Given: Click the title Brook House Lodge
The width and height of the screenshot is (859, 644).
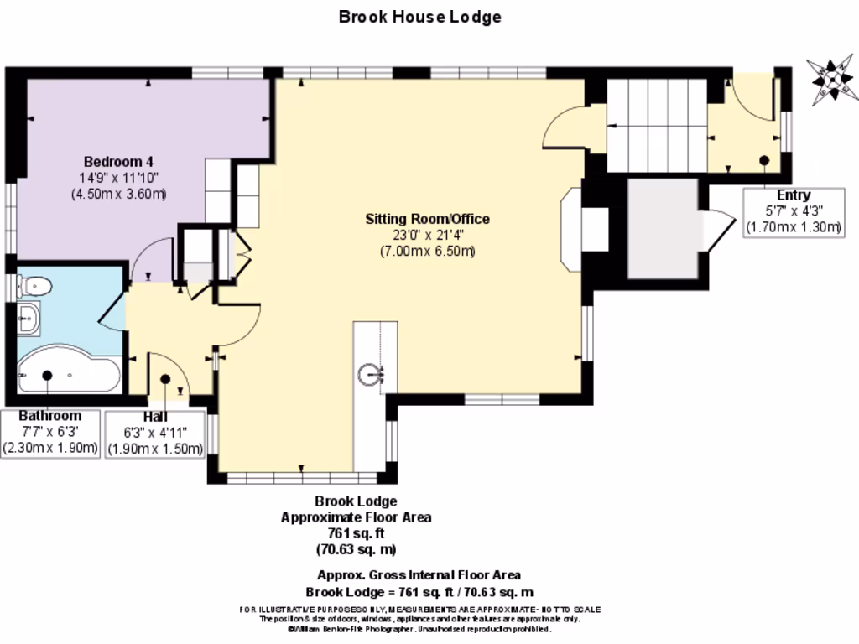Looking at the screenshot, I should [x=419, y=17].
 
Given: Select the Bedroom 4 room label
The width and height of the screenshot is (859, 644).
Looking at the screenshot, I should [x=118, y=161].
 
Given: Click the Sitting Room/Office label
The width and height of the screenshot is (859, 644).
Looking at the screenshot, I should [x=427, y=219].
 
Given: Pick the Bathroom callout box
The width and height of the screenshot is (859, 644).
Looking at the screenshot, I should [x=50, y=432].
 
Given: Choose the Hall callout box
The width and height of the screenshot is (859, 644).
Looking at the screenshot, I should [x=155, y=433].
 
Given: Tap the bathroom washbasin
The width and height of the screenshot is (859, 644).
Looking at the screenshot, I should [x=28, y=318].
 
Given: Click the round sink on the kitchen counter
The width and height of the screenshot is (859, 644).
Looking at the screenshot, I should [x=370, y=374].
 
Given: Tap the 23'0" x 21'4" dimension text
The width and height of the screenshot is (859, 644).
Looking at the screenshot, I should [x=427, y=236].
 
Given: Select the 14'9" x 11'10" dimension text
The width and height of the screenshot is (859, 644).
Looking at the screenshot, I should [x=118, y=178].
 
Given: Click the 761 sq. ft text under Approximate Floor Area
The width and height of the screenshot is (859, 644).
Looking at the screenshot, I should [x=356, y=533].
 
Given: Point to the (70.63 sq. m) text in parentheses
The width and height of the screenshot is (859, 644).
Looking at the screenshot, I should [x=356, y=550].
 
